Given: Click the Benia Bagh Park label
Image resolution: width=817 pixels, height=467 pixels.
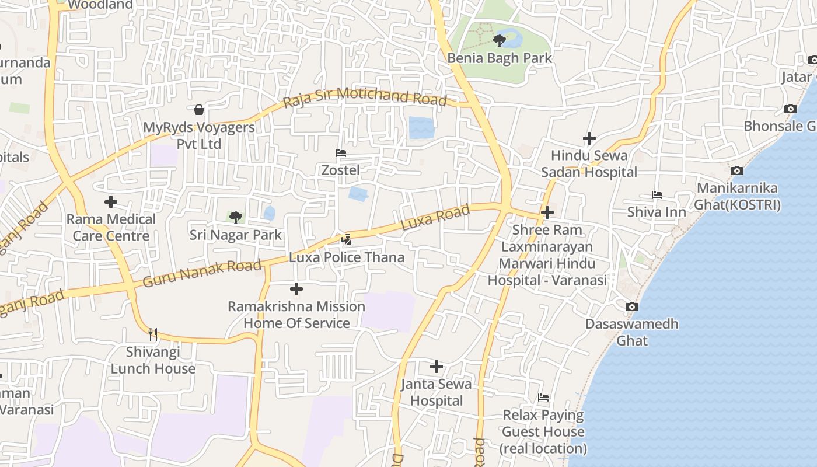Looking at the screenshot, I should pos(500,58).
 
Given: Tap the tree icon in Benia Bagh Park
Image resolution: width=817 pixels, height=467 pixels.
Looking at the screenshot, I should pos(499,41).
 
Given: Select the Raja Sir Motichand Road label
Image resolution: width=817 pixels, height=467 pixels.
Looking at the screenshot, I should pos(365,97).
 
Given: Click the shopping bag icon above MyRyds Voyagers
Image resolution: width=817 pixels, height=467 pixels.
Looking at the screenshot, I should pos(199,110).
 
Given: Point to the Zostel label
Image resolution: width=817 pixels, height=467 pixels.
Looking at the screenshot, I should pos(341,170).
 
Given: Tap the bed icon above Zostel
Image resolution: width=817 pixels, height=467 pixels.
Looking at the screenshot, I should pos(341,153).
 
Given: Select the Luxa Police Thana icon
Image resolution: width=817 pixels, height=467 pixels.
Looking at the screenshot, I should pos(347,239).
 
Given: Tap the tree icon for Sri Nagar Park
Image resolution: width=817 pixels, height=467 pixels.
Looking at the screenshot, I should pos(235,218).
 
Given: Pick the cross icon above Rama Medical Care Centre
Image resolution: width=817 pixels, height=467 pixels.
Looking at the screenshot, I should pos(111,203).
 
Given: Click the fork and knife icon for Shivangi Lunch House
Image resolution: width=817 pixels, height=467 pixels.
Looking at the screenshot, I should pos(153,334).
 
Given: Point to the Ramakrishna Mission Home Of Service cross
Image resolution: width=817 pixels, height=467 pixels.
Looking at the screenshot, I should pos(296,289).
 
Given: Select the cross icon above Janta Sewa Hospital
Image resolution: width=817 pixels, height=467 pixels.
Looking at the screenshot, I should pos(437,367).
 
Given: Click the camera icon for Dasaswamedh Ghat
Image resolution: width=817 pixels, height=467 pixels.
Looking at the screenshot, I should pos(631,307).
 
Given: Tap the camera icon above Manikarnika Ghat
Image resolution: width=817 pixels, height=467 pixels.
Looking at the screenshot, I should pos(737,171).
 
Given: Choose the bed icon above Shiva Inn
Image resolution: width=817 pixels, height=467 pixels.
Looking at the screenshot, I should pos(657,195).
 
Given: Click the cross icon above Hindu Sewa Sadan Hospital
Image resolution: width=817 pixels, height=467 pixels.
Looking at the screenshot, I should pos(589,138).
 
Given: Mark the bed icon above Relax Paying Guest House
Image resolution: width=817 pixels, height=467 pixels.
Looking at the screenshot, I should pos(543,398).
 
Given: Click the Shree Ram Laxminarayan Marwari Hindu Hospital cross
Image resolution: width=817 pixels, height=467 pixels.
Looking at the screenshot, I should pos(547,212).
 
